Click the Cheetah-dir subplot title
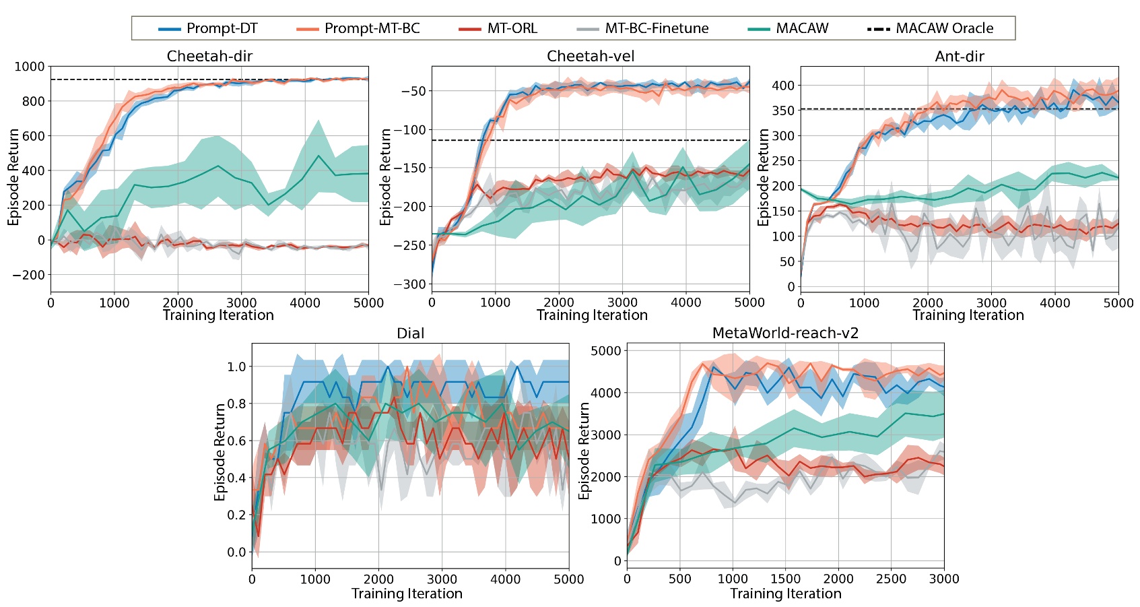[x=209, y=57]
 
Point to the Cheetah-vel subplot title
[x=591, y=57]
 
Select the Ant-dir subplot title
[x=959, y=57]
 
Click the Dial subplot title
[x=410, y=333]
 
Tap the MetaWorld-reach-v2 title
[x=785, y=333]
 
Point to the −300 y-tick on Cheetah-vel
[x=409, y=284]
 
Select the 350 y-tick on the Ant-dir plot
[x=783, y=110]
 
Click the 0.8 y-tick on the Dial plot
[x=236, y=404]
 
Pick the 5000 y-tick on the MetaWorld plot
[x=605, y=350]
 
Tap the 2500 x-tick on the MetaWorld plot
[x=891, y=579]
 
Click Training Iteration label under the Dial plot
[x=407, y=594]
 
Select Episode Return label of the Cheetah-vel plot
[x=385, y=177]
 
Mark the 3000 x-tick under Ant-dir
[x=991, y=303]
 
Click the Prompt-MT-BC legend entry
[x=372, y=28]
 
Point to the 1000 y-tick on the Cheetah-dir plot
[x=29, y=67]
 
